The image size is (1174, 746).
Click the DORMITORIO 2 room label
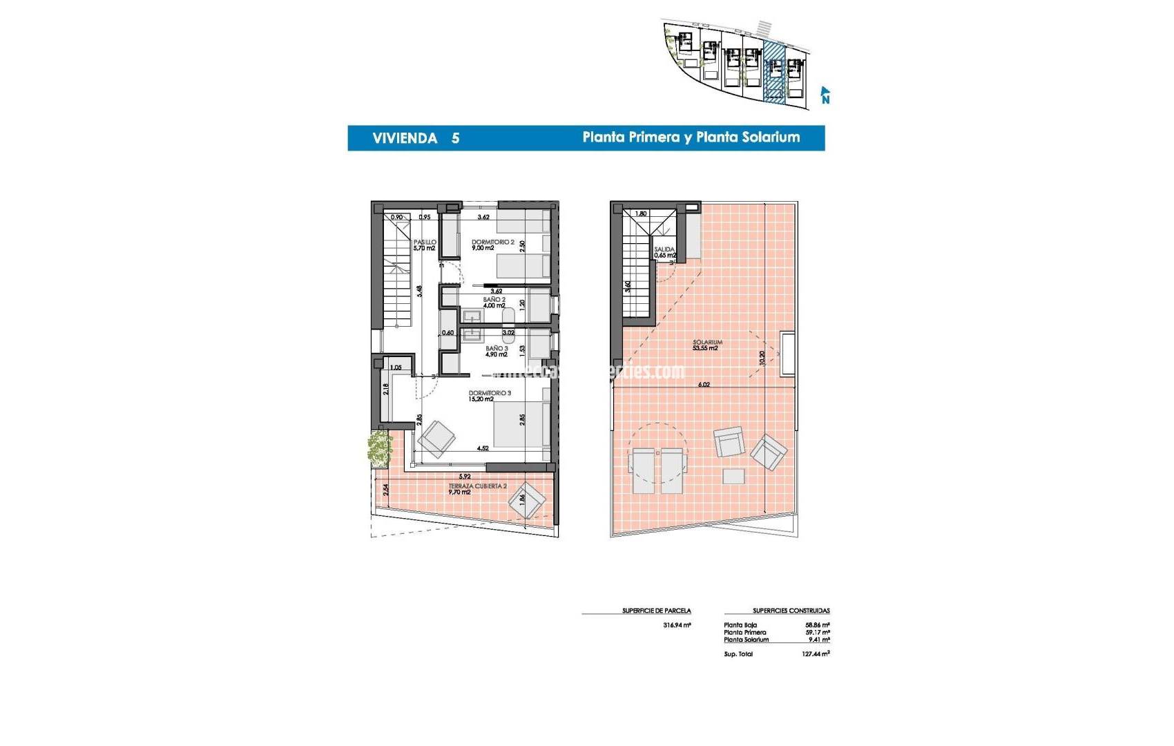[492, 242]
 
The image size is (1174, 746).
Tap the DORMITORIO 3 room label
[490, 393]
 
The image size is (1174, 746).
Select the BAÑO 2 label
[494, 300]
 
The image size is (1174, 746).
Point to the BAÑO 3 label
[497, 349]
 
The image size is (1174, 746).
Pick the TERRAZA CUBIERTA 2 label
[477, 486]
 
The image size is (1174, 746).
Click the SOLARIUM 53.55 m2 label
[707, 343]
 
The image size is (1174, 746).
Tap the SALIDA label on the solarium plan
[664, 249]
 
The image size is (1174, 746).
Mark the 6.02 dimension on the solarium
[704, 385]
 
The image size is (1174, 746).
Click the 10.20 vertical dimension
[762, 358]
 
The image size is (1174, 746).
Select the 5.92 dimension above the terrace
[464, 477]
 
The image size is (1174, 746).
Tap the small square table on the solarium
[733, 476]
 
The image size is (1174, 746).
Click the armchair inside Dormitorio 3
[436, 438]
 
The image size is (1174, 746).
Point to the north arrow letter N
[825, 99]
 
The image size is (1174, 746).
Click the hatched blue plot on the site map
[775, 71]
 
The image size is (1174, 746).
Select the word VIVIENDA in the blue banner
[405, 138]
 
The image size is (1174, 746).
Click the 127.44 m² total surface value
[815, 653]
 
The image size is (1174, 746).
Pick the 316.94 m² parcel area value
[677, 625]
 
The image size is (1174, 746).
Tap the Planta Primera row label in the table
[744, 632]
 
